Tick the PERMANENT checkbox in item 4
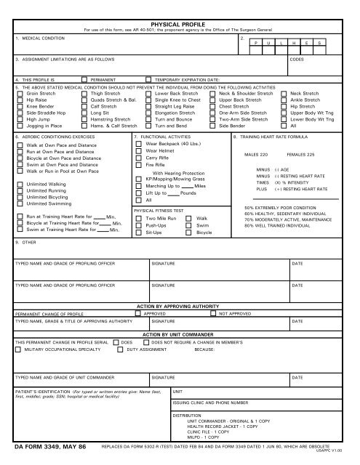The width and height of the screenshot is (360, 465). [x=85, y=80]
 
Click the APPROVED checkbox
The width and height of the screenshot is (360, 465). [x=140, y=314]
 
